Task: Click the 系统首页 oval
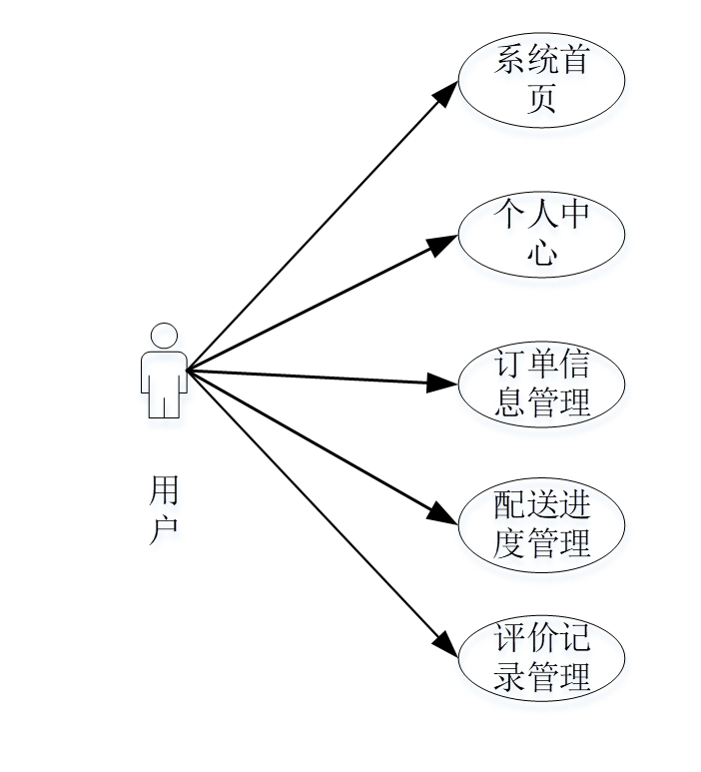(x=541, y=80)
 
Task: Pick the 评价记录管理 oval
(x=541, y=657)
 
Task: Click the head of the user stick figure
(x=164, y=336)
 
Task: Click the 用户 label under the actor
(x=164, y=509)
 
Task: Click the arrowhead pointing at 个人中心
(x=445, y=242)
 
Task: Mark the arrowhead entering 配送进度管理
(x=445, y=515)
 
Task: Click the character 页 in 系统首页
(x=541, y=99)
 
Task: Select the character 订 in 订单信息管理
(x=510, y=365)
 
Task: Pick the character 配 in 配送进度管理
(x=510, y=505)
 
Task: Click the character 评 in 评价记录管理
(x=510, y=638)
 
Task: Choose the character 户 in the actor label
(x=164, y=528)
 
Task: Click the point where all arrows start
(x=188, y=371)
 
